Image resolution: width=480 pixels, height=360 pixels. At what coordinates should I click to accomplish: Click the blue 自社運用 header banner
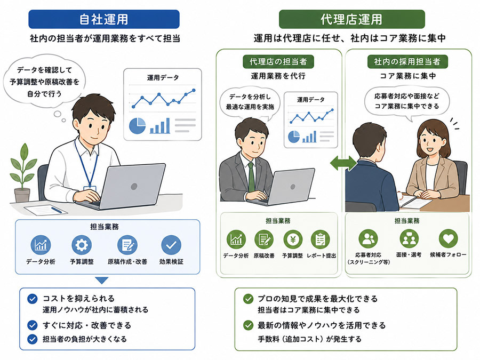pyautogui.click(x=104, y=19)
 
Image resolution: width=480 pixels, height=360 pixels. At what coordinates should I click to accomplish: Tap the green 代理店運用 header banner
pyautogui.click(x=352, y=19)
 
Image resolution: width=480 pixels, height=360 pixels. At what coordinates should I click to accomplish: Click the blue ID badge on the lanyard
pyautogui.click(x=90, y=189)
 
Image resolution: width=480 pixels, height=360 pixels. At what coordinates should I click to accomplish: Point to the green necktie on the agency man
pyautogui.click(x=251, y=177)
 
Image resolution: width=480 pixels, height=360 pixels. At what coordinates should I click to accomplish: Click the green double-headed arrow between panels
pyautogui.click(x=343, y=163)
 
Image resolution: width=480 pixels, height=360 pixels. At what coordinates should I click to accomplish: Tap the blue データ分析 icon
pyautogui.click(x=41, y=245)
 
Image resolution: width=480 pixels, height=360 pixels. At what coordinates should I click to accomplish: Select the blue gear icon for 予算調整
pyautogui.click(x=82, y=245)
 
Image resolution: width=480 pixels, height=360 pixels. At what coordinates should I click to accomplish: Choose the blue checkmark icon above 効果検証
pyautogui.click(x=171, y=245)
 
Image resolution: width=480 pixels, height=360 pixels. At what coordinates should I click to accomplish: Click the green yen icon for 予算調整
pyautogui.click(x=293, y=239)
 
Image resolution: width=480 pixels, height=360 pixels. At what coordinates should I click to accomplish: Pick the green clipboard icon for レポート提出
pyautogui.click(x=320, y=239)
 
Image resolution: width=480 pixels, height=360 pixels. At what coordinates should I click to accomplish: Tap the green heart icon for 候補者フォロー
pyautogui.click(x=448, y=238)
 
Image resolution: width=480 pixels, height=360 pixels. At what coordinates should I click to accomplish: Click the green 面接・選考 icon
pyautogui.click(x=409, y=238)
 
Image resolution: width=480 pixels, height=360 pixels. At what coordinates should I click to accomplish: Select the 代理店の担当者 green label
pyautogui.click(x=278, y=61)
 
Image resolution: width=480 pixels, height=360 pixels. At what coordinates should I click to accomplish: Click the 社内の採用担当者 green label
pyautogui.click(x=407, y=61)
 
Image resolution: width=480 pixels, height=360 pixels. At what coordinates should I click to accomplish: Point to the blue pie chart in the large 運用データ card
pyautogui.click(x=137, y=126)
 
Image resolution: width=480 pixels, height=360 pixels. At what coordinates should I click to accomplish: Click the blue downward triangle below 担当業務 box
pyautogui.click(x=102, y=281)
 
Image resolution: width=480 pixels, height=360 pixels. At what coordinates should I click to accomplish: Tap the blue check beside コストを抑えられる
pyautogui.click(x=33, y=299)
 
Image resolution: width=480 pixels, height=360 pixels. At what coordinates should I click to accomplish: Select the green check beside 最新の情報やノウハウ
pyautogui.click(x=248, y=325)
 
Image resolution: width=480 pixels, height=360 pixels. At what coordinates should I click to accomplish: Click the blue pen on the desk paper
pyautogui.click(x=57, y=210)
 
